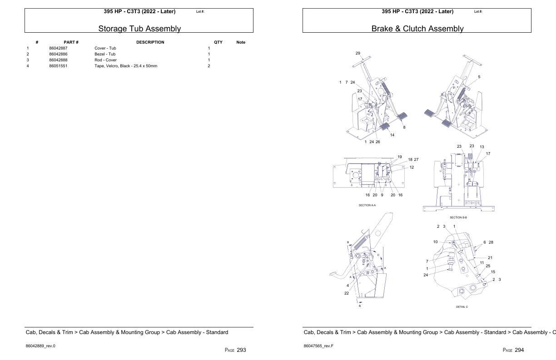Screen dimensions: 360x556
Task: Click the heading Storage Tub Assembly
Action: click(x=139, y=29)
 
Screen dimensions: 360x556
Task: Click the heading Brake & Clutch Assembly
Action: click(x=417, y=29)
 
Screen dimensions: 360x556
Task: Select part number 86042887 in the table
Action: click(x=58, y=48)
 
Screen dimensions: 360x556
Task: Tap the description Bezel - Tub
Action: click(x=105, y=54)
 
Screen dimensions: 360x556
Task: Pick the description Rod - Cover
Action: click(x=105, y=60)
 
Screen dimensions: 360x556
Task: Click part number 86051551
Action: click(x=58, y=66)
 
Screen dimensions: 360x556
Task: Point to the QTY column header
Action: click(x=218, y=42)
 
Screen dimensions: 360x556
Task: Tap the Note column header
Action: click(x=241, y=42)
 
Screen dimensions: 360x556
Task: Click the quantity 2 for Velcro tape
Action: click(x=209, y=66)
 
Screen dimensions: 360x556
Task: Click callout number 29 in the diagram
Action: click(x=358, y=53)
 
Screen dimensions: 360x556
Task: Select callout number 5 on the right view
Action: click(x=479, y=77)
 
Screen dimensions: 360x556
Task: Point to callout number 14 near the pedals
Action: click(x=392, y=135)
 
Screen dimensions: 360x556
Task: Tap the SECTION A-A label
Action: click(x=367, y=205)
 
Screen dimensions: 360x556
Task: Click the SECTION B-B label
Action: click(x=458, y=217)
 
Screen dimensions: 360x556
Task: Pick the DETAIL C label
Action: click(x=462, y=307)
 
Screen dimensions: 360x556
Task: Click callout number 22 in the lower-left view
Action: click(x=346, y=293)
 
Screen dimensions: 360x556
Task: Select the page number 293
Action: click(x=241, y=350)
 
